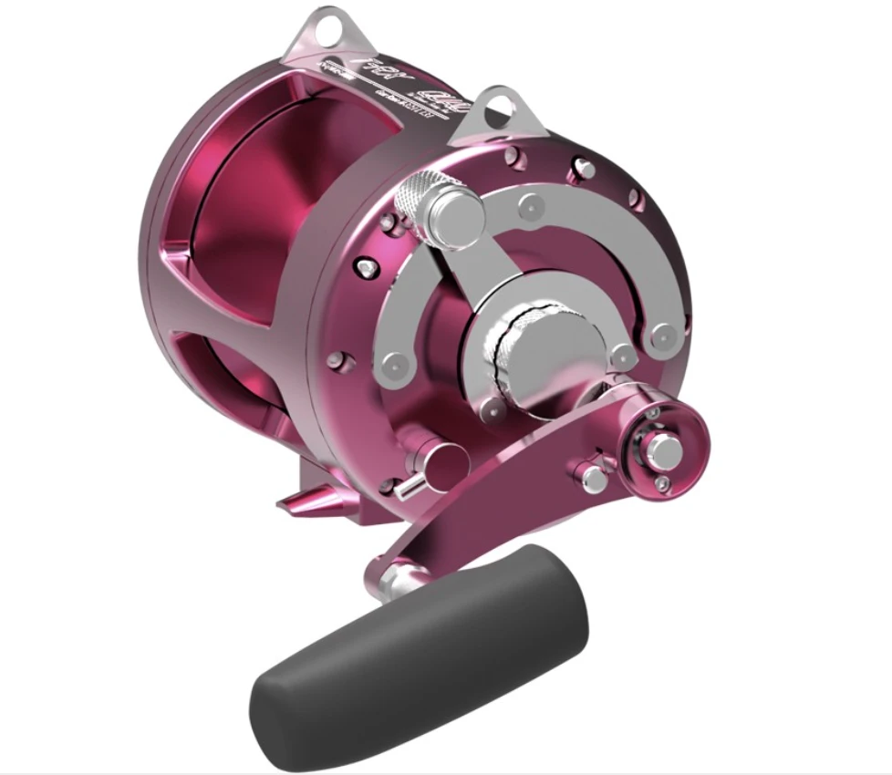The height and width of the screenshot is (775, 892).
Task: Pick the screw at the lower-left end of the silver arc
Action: pyautogui.click(x=393, y=365)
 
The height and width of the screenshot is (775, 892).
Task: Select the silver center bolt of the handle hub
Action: pyautogui.click(x=655, y=448)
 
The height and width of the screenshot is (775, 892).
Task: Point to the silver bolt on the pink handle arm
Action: pyautogui.click(x=592, y=474)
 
